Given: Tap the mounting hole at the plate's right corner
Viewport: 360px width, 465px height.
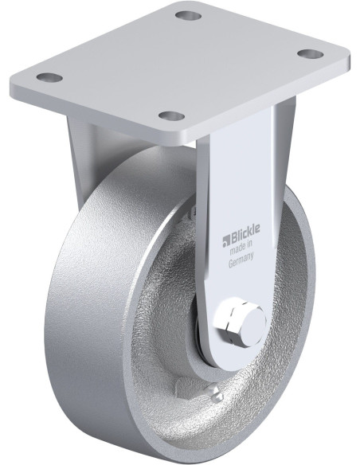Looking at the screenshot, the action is tap(310, 53).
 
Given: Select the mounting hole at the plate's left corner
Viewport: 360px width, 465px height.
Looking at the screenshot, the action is tap(49, 78).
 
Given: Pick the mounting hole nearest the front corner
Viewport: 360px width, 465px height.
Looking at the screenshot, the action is tap(171, 116).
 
